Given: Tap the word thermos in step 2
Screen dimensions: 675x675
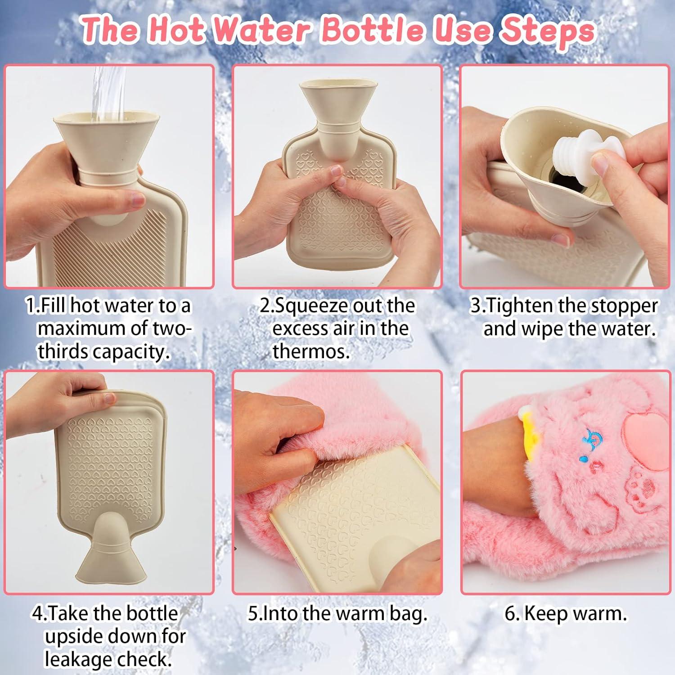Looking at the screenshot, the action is tap(311, 352).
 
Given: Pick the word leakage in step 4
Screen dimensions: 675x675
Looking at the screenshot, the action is tap(73, 660).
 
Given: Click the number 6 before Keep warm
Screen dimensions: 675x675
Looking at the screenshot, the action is tap(510, 614).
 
